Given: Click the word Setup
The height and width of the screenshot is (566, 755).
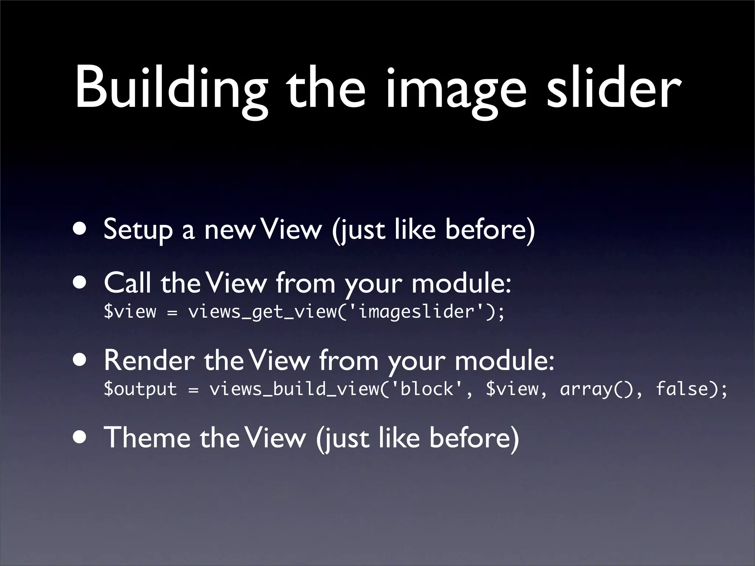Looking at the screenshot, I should pos(138,230).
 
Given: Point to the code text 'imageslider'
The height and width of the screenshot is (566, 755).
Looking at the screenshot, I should pos(416,311).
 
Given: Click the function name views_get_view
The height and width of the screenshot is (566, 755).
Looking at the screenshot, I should pos(262,312).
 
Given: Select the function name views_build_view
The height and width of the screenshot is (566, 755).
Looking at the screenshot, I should pos(294,389).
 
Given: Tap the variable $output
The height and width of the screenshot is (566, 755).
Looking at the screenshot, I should pos(140,389).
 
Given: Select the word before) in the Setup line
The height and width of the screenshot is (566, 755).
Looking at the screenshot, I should pos(490,230).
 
